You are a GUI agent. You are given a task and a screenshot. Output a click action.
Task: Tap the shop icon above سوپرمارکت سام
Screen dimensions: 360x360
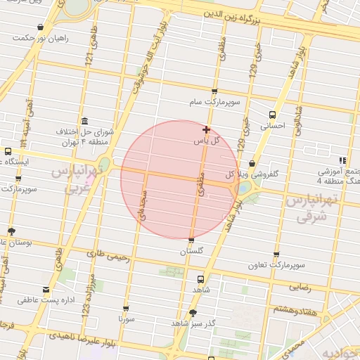pyautogui.click(x=214, y=91)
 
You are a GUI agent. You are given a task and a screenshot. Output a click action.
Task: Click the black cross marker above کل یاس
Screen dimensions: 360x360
pyautogui.click(x=206, y=129)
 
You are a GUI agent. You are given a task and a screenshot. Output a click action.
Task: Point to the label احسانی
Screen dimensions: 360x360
pyautogui.click(x=271, y=127)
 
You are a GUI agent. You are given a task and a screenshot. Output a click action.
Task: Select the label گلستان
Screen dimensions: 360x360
pyautogui.click(x=191, y=251)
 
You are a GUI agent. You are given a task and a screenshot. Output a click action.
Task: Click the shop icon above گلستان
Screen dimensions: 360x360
pyautogui.click(x=191, y=240)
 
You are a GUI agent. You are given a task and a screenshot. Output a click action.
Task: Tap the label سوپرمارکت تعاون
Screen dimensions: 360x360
pyautogui.click(x=276, y=266)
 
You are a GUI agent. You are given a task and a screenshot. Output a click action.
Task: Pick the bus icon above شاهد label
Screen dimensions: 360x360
pyautogui.click(x=200, y=278)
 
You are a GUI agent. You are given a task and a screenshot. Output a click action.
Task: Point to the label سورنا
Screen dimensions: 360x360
pyautogui.click(x=126, y=319)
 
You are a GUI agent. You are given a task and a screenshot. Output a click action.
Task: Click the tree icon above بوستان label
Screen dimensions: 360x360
pyautogui.click(x=11, y=231)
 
